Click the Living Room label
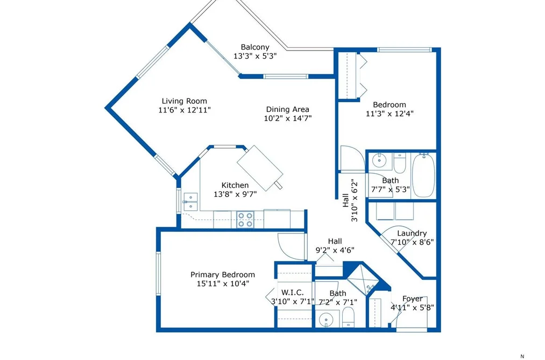pos(184,101)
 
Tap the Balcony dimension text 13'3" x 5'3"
pos(255,56)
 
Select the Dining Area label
pos(287,109)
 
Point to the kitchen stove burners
pos(245,220)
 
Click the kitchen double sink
pos(190,202)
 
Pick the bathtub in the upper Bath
pos(423,175)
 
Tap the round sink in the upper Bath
pos(379,160)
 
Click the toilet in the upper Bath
pos(400,164)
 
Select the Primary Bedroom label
pos(222,274)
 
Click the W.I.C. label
pos(292,293)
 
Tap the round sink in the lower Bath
pos(327,319)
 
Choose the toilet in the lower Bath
pos(348,318)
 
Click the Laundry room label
pos(412,234)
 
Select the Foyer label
pos(413,299)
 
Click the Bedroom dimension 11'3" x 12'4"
pos(390,114)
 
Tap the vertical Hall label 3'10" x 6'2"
pos(350,200)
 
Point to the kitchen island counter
pos(260,168)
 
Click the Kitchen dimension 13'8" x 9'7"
pos(235,194)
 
